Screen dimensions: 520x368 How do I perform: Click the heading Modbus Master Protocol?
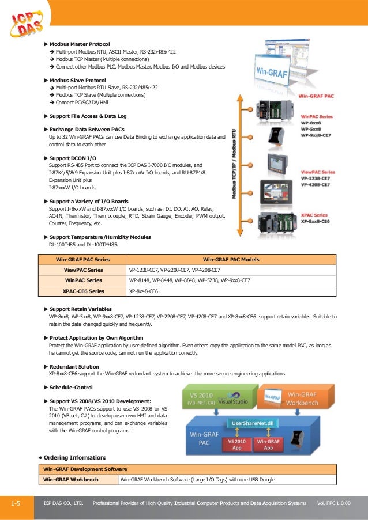(x=80, y=44)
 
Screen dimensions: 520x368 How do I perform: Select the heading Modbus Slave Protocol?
(x=77, y=80)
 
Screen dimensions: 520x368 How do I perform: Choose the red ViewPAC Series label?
(x=318, y=172)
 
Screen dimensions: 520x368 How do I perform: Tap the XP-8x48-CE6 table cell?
(x=144, y=291)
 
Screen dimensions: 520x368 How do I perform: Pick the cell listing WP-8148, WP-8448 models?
(x=189, y=280)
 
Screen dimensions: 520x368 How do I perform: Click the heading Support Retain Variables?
(x=80, y=309)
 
